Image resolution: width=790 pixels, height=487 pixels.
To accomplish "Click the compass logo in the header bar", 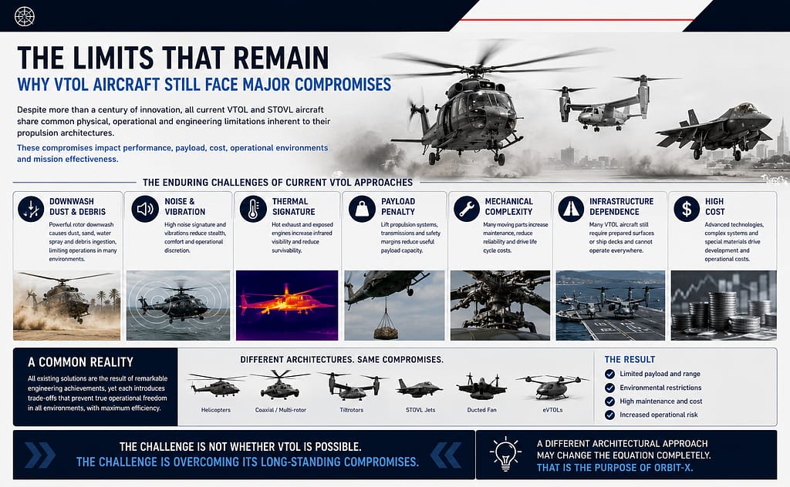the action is pyautogui.click(x=24, y=17).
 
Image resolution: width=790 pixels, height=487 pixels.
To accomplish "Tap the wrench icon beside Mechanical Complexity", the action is pyautogui.click(x=467, y=209).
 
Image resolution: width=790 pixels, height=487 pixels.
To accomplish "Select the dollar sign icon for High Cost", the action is pyautogui.click(x=687, y=209).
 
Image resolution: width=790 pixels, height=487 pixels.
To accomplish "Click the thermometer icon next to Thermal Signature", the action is pyautogui.click(x=253, y=209).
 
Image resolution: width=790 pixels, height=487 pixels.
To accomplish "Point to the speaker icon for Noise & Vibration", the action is pyautogui.click(x=145, y=209).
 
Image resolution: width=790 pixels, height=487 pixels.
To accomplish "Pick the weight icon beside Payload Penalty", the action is pyautogui.click(x=362, y=209).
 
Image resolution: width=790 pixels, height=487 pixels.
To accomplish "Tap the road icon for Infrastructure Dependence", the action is pyautogui.click(x=571, y=209).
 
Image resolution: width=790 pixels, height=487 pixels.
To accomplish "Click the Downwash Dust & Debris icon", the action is pyautogui.click(x=31, y=209).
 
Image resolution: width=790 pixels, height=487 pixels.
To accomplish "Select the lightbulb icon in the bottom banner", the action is pyautogui.click(x=505, y=454).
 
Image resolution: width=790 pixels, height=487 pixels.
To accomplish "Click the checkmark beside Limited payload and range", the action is pyautogui.click(x=609, y=374).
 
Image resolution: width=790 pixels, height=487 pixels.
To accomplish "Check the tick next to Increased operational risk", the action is pyautogui.click(x=609, y=415).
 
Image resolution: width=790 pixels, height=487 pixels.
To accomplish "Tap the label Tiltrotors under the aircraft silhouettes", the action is pyautogui.click(x=351, y=410).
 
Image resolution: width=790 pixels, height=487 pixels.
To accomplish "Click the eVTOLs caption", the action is pyautogui.click(x=552, y=410).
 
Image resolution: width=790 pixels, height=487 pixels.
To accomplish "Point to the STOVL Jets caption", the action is pyautogui.click(x=420, y=410).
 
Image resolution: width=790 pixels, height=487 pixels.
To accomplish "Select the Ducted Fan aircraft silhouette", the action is pyautogui.click(x=481, y=386).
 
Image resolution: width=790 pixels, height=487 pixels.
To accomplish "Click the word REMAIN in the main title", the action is pyautogui.click(x=281, y=58).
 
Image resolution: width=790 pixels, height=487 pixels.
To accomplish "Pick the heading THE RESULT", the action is pyautogui.click(x=630, y=360).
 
